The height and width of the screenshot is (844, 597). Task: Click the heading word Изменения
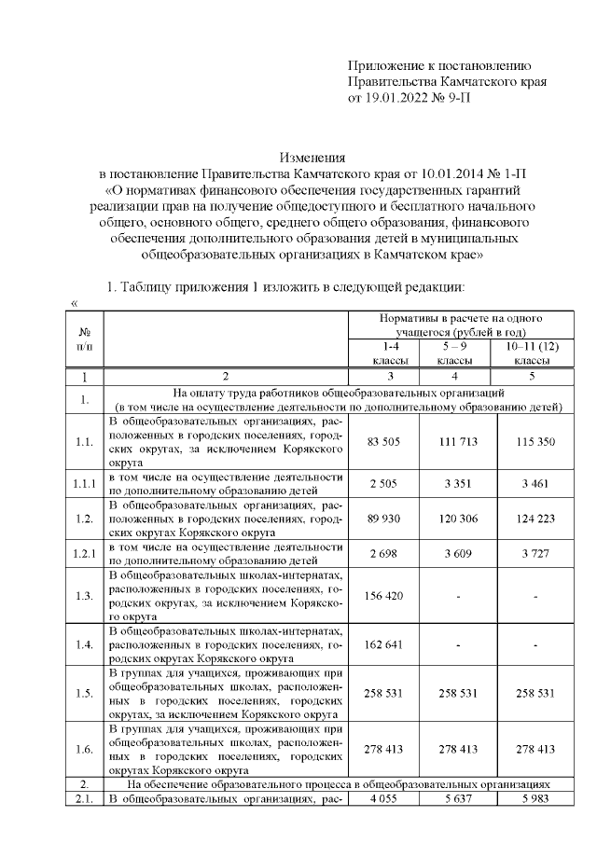(312, 158)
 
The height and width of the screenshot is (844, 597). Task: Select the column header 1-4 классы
(382, 353)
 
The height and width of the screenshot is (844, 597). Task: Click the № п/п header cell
(84, 339)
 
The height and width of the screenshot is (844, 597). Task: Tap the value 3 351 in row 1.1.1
(457, 482)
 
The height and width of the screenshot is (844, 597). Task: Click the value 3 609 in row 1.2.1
(457, 554)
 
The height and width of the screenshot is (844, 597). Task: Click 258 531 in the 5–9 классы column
(457, 694)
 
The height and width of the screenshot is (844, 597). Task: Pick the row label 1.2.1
(84, 554)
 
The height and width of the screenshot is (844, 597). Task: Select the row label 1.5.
(84, 694)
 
